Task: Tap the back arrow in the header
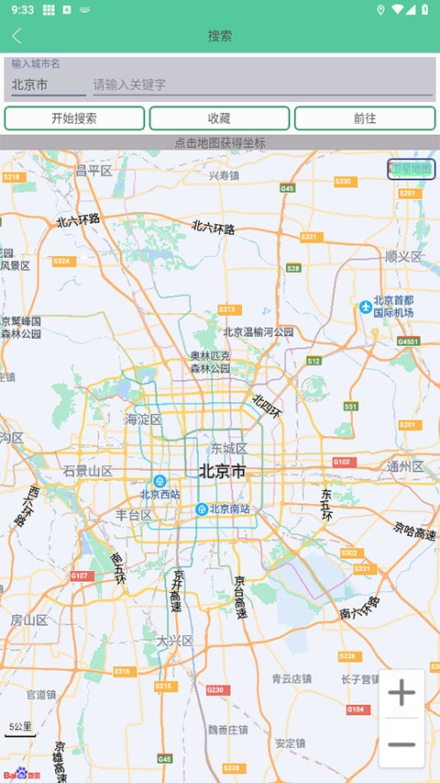coord(16,36)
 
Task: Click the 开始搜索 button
coord(74,118)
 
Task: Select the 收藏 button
coord(219,118)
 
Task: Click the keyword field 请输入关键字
coord(261,84)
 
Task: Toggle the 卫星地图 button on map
coord(411,169)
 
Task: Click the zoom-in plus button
coord(401,694)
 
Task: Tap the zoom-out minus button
coord(401,744)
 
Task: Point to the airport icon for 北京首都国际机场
coord(366,307)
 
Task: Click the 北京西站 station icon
coord(159,481)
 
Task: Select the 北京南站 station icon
coord(202,509)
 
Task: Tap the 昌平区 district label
coord(93,171)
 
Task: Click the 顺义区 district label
coord(403,256)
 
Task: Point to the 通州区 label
coord(405,466)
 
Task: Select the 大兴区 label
coord(174,641)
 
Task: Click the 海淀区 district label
coord(143,419)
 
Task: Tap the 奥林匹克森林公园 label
coord(210,362)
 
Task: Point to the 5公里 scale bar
coord(20,729)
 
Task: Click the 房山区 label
coord(28,621)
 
